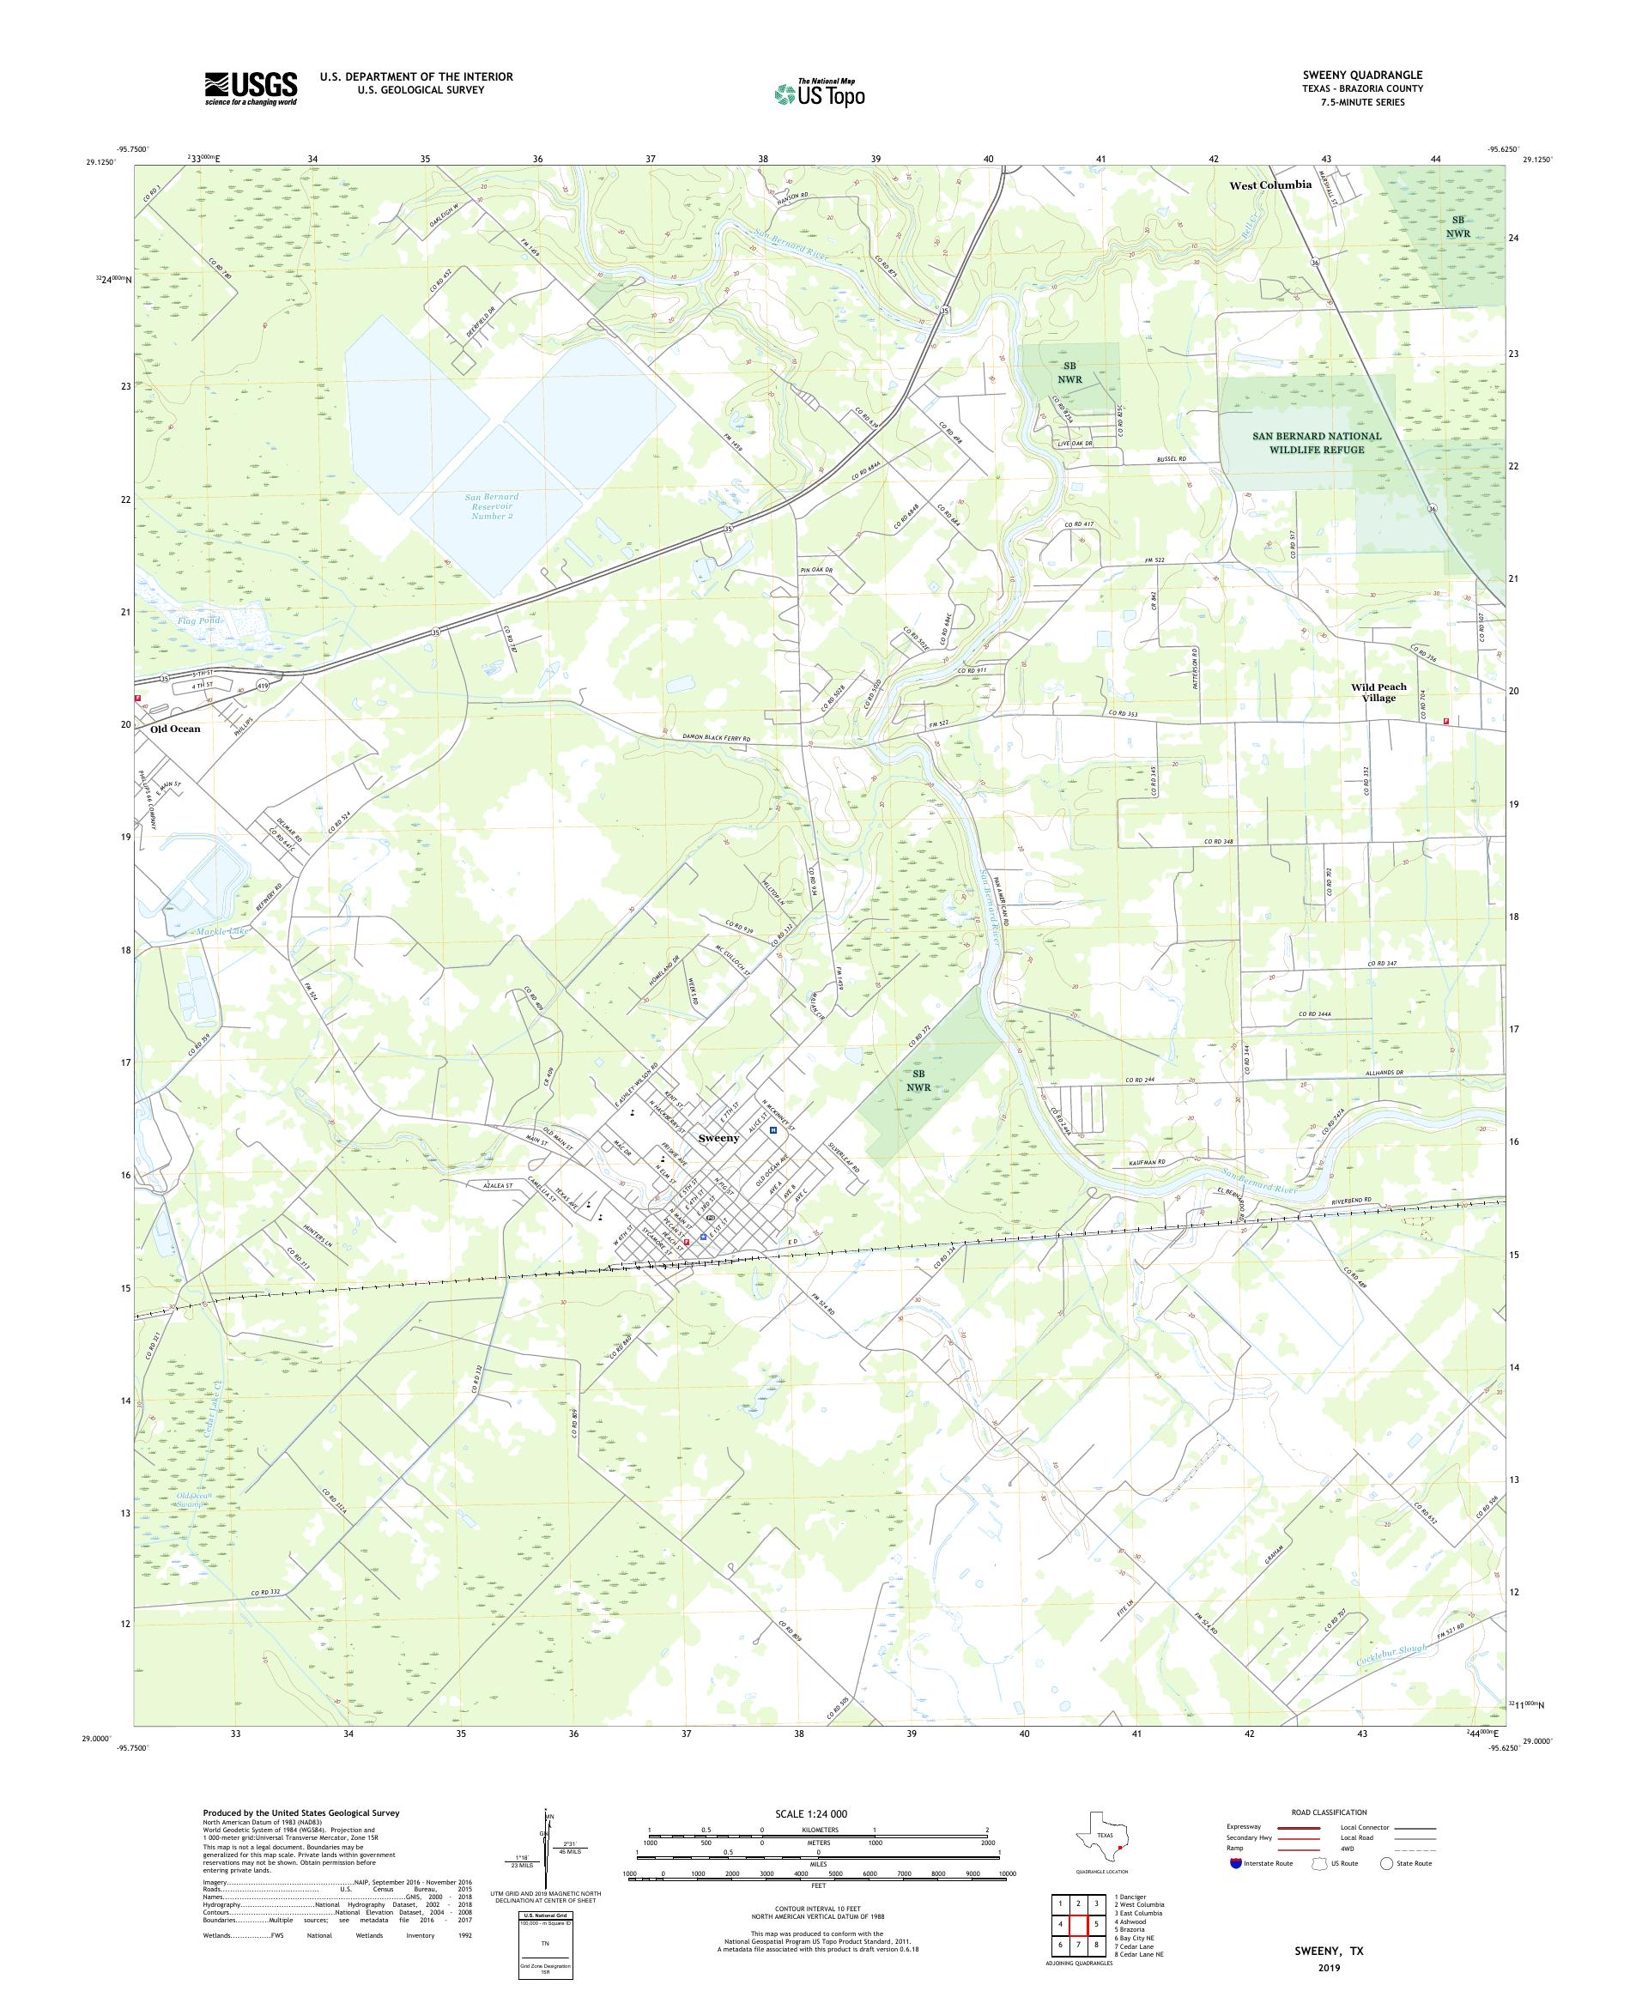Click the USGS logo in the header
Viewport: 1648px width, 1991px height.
pyautogui.click(x=251, y=88)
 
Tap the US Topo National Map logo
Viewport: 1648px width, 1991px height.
pyautogui.click(x=821, y=93)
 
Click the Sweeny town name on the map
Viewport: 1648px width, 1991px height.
pyautogui.click(x=718, y=1138)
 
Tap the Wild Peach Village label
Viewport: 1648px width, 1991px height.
pyautogui.click(x=1378, y=692)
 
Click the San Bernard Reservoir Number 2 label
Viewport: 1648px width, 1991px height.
pyautogui.click(x=492, y=506)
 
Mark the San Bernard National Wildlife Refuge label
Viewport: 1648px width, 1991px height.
pyautogui.click(x=1316, y=443)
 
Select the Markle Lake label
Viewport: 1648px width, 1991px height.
pyautogui.click(x=224, y=932)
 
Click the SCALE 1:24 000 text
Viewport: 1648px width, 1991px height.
pyautogui.click(x=811, y=1813)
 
